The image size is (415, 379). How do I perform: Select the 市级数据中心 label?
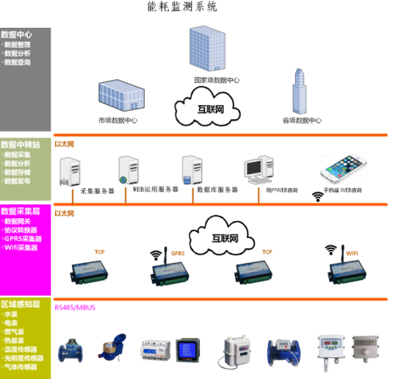point(118,120)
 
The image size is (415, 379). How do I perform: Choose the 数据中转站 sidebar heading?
point(20,145)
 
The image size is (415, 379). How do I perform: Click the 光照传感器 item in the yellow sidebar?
point(23,358)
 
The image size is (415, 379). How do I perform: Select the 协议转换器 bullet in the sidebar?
point(21,230)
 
